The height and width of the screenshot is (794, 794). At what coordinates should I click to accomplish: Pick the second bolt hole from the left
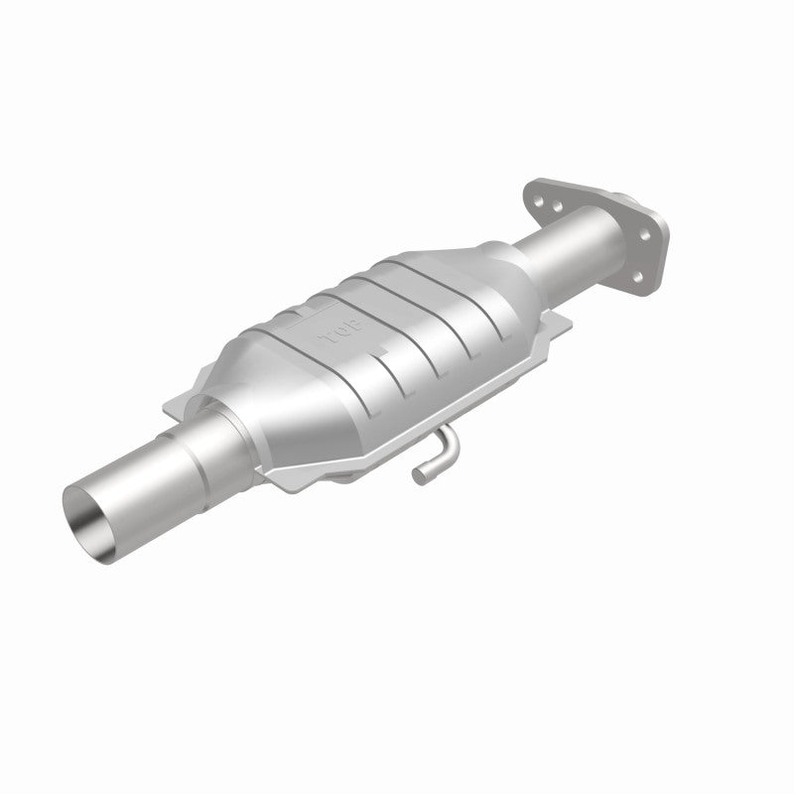click(x=557, y=206)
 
